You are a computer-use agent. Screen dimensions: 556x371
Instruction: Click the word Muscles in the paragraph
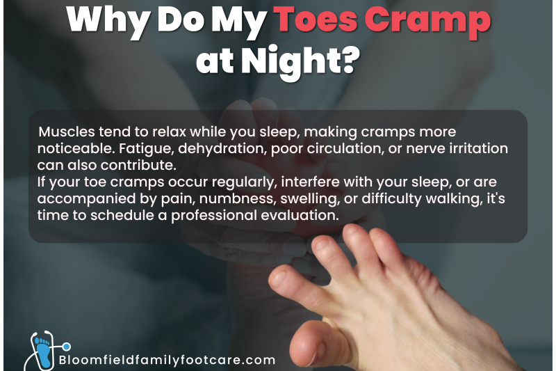66,132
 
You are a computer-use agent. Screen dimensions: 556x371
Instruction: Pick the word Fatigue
147,149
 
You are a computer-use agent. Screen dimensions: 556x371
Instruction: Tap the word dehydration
222,148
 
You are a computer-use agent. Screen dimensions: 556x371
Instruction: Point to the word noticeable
76,148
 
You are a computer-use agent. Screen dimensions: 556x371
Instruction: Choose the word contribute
138,165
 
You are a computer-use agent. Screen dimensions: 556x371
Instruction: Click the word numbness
237,198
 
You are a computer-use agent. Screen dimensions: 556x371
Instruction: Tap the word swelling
309,199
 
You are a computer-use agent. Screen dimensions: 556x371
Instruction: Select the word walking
455,199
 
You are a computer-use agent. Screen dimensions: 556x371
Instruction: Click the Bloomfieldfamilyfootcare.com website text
167,360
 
